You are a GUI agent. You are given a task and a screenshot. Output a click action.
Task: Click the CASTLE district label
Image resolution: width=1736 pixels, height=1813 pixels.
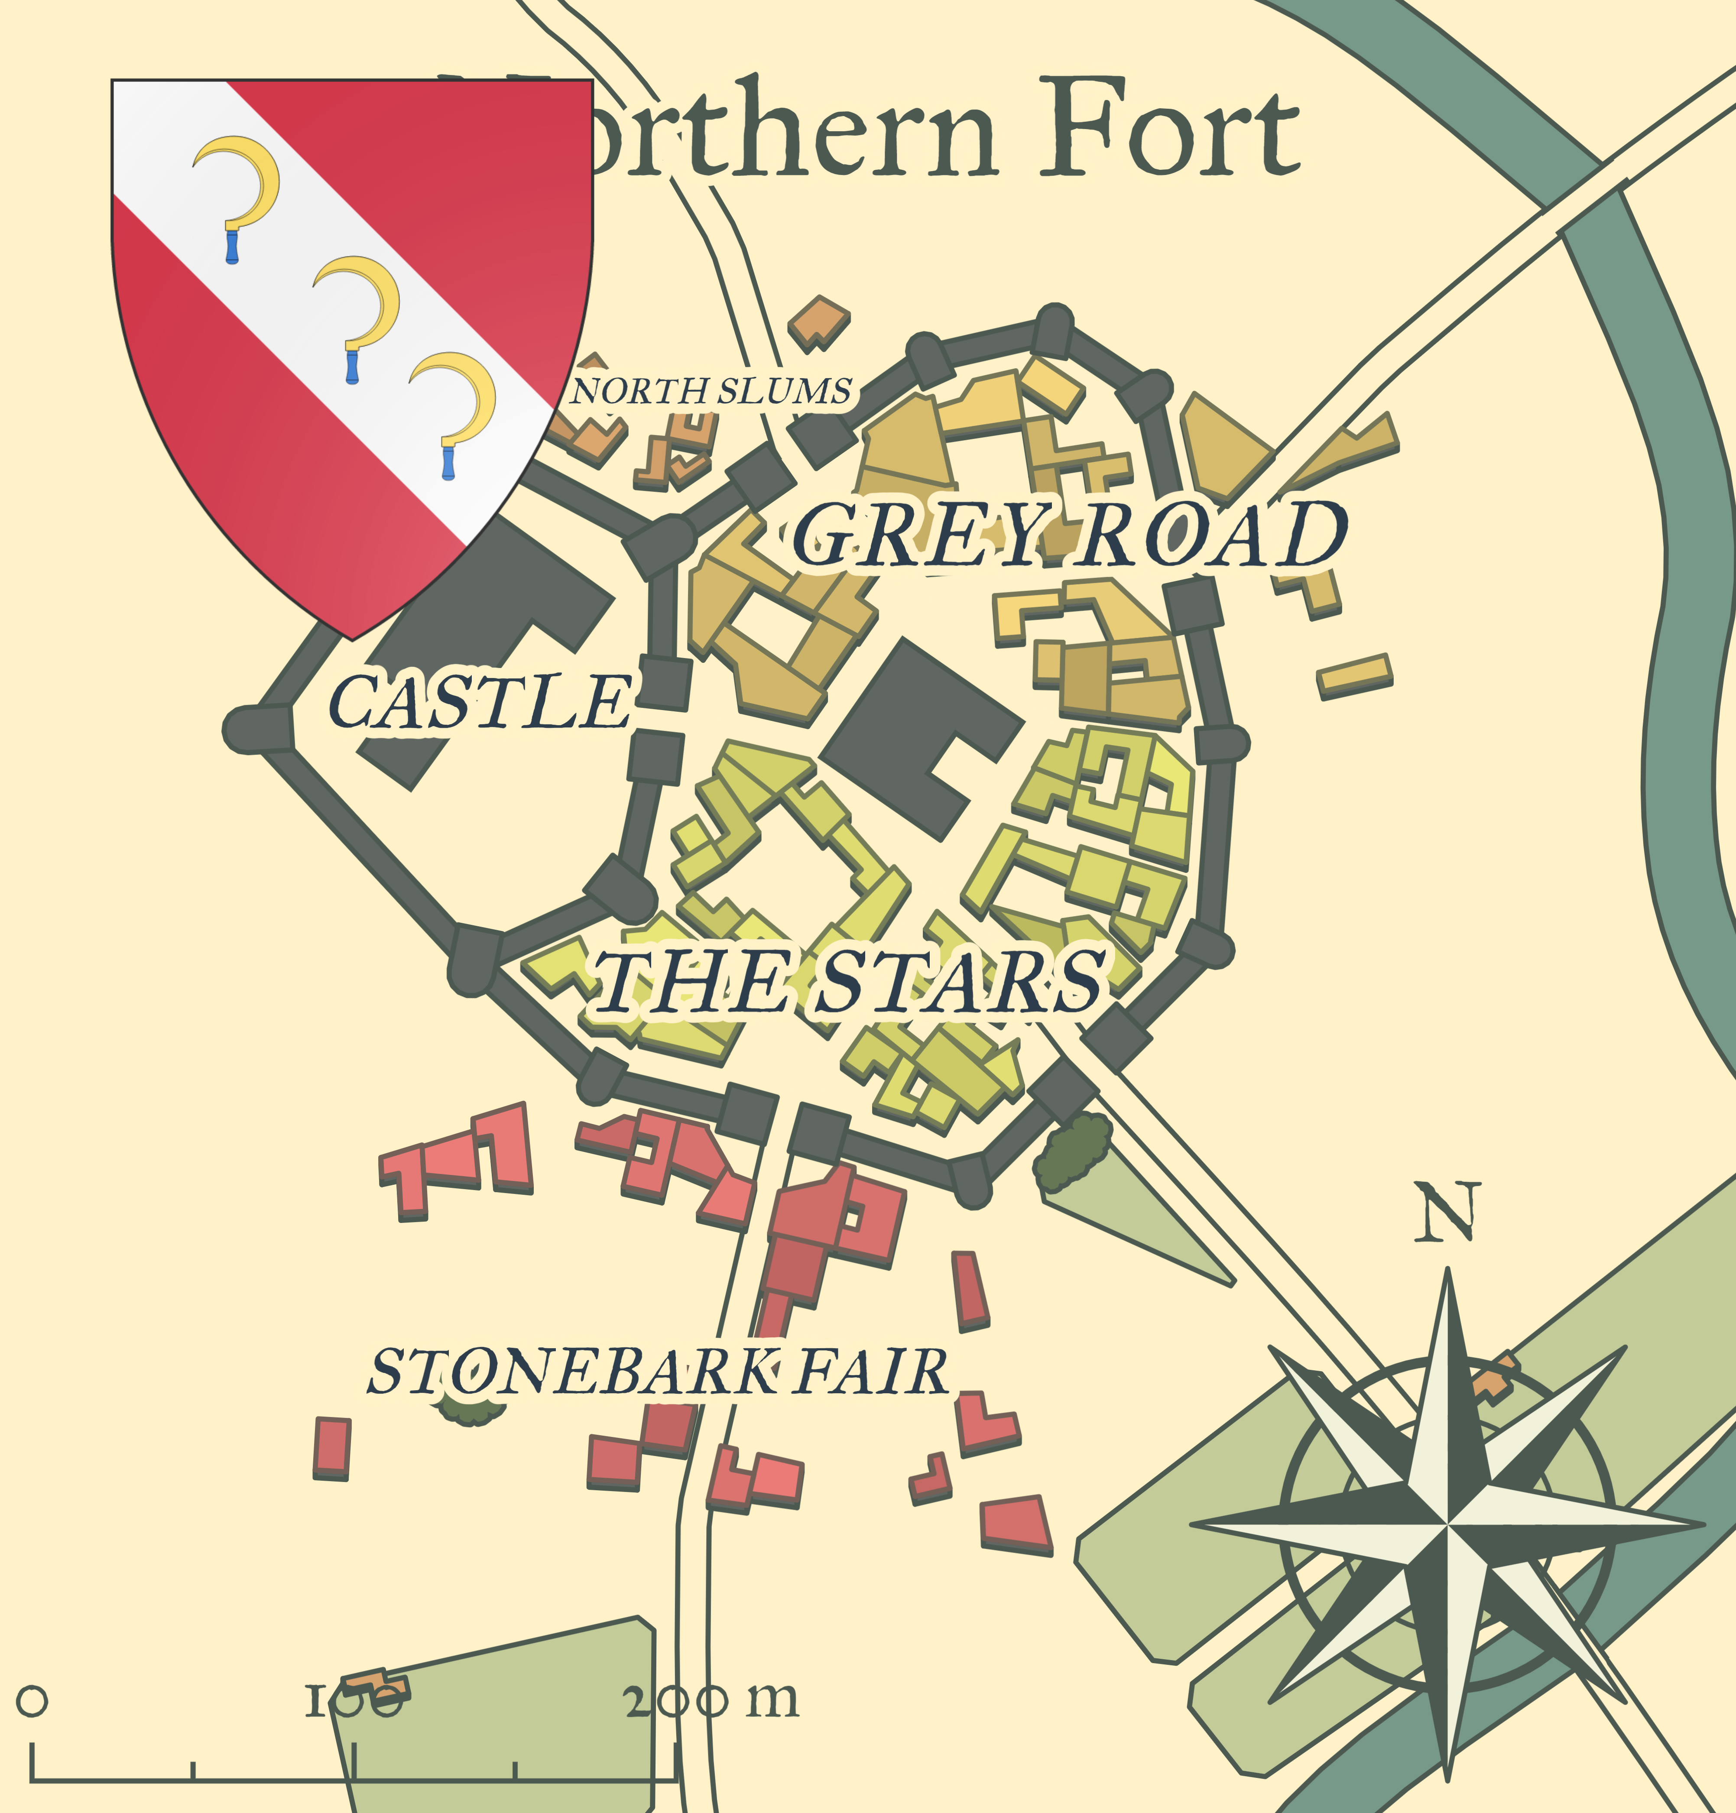coord(481,701)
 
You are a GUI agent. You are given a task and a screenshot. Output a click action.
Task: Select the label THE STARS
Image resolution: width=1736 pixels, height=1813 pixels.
coord(849,980)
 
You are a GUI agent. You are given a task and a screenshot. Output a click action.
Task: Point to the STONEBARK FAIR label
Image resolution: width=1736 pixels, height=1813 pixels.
coord(659,1372)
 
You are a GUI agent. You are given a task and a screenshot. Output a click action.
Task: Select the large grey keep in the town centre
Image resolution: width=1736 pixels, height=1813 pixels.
coord(920,735)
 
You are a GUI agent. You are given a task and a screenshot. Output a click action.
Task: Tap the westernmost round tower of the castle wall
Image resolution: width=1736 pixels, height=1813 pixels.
coord(252,729)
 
